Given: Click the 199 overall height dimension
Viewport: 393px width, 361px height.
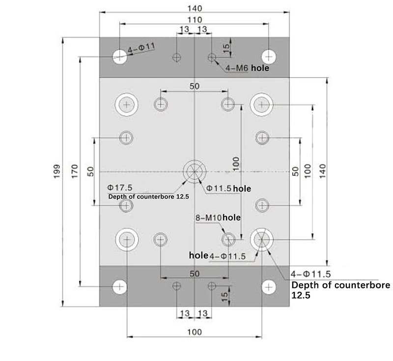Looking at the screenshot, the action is [57, 171].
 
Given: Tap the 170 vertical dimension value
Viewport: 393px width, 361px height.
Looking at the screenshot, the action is [75, 171].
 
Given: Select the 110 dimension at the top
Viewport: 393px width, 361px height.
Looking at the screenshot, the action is [195, 20].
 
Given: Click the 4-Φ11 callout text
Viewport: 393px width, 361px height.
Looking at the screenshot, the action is [141, 48].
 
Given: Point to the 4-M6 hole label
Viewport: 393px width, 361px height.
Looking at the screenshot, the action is [247, 68].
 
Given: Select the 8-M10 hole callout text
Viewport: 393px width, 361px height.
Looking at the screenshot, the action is [218, 218].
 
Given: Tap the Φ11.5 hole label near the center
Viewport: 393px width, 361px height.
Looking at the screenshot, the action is [228, 189].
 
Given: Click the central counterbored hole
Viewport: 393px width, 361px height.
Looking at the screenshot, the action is [195, 171].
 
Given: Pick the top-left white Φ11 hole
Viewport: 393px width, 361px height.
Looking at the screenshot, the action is [119, 56].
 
